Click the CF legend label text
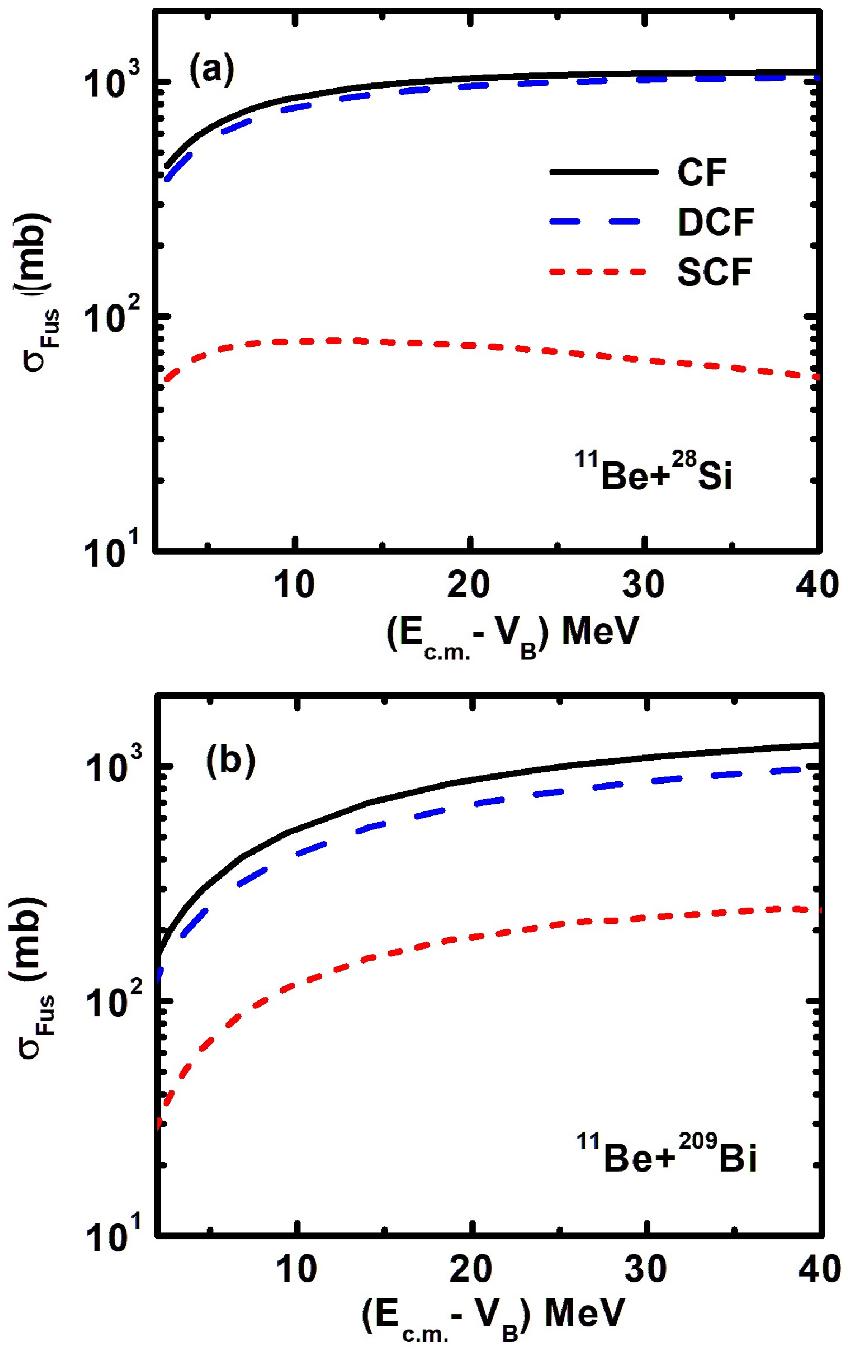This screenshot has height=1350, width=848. (x=702, y=172)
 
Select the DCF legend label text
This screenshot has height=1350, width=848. (x=716, y=222)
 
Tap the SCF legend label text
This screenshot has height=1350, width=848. (x=715, y=272)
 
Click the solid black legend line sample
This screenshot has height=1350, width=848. (x=604, y=172)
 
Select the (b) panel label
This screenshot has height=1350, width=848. (x=230, y=761)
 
